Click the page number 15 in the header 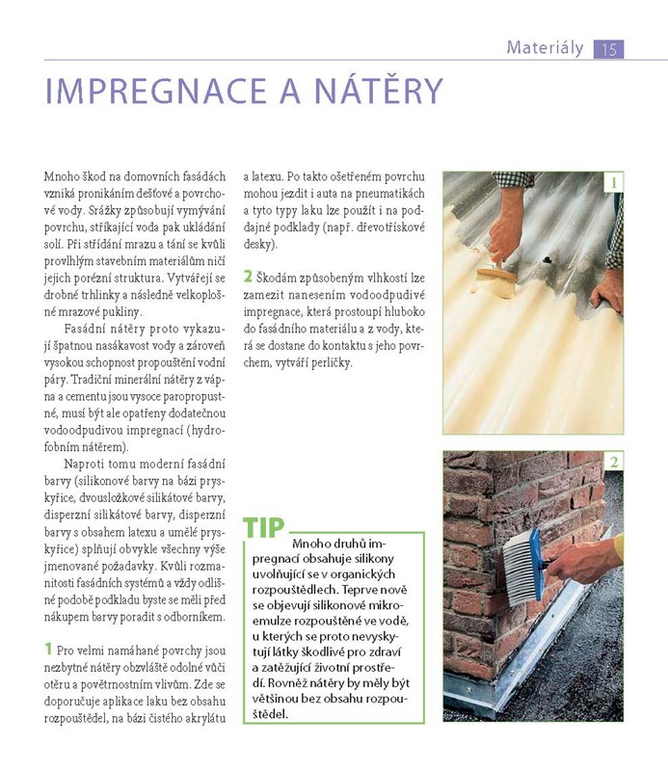[608, 50]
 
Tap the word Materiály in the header [545, 47]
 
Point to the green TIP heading [264, 527]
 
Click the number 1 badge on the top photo [613, 183]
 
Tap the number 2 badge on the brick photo [613, 462]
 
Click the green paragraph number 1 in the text [48, 649]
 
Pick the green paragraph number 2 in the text [248, 277]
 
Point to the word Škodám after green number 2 [276, 279]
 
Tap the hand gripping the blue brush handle [584, 561]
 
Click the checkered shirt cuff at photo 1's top [514, 179]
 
